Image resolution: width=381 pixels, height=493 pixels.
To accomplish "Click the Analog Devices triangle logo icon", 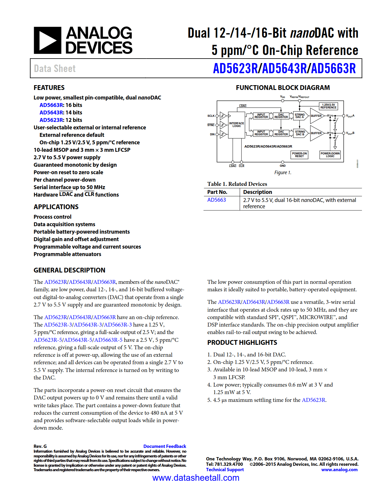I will (x=48, y=40).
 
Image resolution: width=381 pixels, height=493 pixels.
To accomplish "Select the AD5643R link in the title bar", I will (x=284, y=68).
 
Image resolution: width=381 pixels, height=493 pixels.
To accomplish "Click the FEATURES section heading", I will (x=49, y=88).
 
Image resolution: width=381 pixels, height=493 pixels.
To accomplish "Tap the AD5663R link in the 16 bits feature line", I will (x=51, y=105).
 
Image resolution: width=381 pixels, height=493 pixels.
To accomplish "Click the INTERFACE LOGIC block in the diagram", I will (x=237, y=125).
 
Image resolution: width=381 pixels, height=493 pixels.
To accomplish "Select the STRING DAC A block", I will (x=300, y=116).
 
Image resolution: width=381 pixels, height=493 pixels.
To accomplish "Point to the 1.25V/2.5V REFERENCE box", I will (x=328, y=106).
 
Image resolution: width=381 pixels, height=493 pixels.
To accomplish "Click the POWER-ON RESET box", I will (x=299, y=155).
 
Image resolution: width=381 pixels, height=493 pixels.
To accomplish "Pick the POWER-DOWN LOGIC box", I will (x=330, y=155).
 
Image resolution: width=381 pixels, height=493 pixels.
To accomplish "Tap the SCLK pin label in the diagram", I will (x=211, y=116).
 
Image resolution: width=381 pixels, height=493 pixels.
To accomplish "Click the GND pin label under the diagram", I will (x=283, y=166).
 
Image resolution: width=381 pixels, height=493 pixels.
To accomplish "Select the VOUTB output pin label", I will (x=350, y=133).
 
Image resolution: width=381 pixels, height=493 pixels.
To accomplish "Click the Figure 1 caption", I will (x=283, y=173).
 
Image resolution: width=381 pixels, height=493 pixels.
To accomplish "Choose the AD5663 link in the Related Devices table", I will (x=217, y=200).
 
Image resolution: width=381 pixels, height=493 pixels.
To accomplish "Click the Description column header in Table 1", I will (x=258, y=192).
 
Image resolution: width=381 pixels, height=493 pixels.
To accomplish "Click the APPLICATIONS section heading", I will (x=56, y=207).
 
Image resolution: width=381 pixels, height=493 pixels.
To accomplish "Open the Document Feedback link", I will (x=165, y=446).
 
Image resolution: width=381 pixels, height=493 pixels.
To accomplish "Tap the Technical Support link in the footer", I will (x=225, y=470).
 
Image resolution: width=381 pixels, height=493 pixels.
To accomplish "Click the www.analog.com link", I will (x=339, y=470).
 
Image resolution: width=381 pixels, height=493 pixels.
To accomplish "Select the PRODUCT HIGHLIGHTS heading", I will (x=242, y=343).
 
